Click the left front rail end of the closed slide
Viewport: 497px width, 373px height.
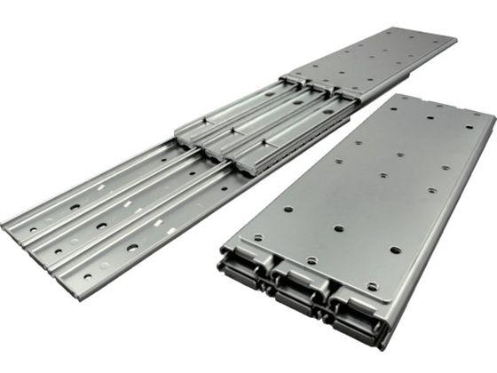pos(241,272)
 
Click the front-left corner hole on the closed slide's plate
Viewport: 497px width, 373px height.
pos(257,238)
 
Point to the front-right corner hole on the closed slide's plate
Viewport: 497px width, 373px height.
pos(372,286)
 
